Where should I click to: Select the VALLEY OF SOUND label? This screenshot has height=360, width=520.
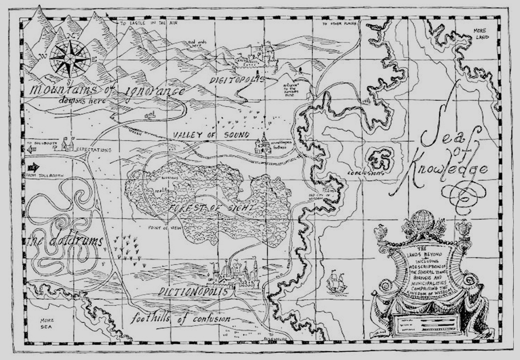coord(210,136)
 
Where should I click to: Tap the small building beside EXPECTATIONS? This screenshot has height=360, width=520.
coord(66,144)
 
